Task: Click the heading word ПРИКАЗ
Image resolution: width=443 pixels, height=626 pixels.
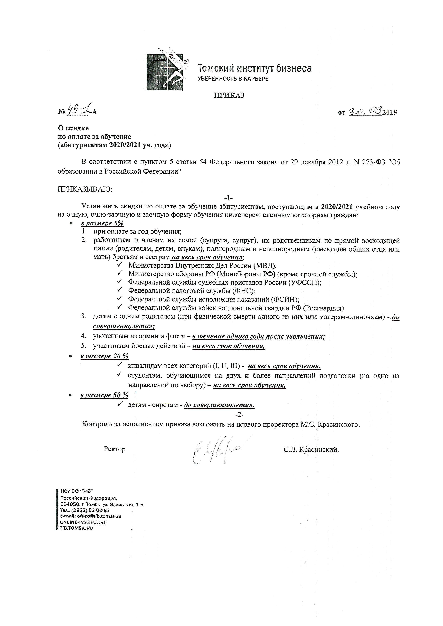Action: pyautogui.click(x=229, y=95)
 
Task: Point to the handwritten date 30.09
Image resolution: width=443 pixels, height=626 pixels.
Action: pyautogui.click(x=365, y=111)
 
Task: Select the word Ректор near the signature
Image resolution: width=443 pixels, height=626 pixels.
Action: pyautogui.click(x=115, y=449)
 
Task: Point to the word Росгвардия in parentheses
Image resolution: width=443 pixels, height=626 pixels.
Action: pyautogui.click(x=323, y=308)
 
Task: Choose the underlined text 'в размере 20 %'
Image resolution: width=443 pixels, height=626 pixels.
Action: pyautogui.click(x=104, y=356)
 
